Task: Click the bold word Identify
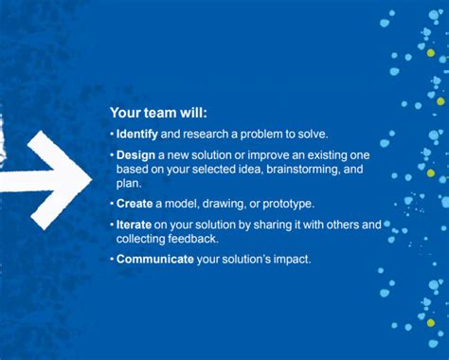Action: pos(137,134)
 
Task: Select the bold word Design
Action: pos(135,154)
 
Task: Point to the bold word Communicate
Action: pos(154,259)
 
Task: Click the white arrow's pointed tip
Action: pos(91,177)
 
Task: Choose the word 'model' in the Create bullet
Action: pos(186,204)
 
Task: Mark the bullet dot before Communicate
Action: pos(112,259)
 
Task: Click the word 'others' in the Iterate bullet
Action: pos(339,225)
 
